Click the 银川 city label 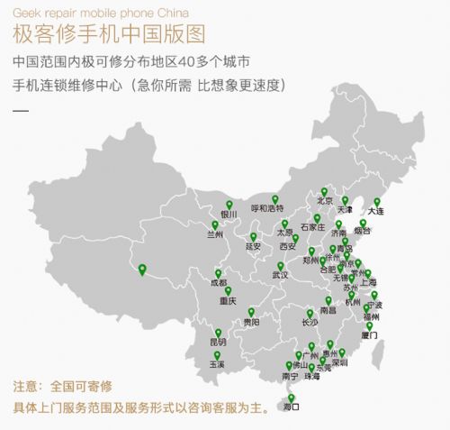(229, 215)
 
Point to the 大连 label (375, 211)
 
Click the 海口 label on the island (291, 407)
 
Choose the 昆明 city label (218, 343)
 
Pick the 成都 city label (219, 282)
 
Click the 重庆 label (227, 302)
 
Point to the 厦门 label (369, 335)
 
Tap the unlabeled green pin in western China (140, 267)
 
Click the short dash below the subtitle (22, 112)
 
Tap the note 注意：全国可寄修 (56, 386)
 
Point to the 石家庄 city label (312, 227)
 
